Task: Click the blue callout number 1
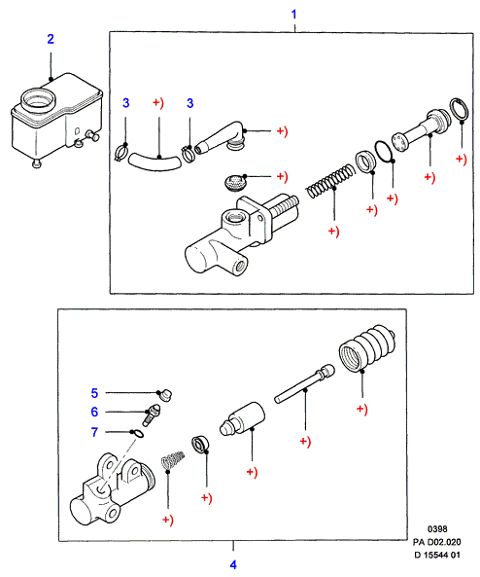click(x=293, y=15)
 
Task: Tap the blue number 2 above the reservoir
click(x=51, y=39)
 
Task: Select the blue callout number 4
click(x=233, y=564)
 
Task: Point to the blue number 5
click(x=94, y=393)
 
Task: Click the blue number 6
click(x=94, y=412)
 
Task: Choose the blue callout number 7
click(x=94, y=432)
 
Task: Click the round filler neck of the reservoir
click(x=38, y=100)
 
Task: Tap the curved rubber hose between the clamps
click(x=154, y=162)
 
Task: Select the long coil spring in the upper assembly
click(x=330, y=181)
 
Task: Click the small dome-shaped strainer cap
click(x=234, y=183)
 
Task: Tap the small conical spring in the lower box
click(x=173, y=459)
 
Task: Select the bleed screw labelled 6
click(x=152, y=415)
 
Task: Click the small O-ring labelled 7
click(x=138, y=434)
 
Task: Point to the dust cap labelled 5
click(x=166, y=396)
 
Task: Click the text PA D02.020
click(x=436, y=542)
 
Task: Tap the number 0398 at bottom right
click(x=437, y=529)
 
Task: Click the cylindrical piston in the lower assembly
click(x=242, y=419)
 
